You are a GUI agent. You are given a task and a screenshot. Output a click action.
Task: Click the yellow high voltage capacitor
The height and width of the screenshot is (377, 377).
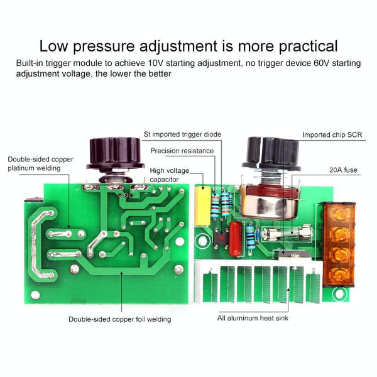pos(202,206)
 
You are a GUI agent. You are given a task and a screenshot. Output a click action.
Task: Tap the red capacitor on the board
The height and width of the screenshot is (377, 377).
pos(235,239)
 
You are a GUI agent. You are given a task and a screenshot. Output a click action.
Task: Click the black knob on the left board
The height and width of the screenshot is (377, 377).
pos(115,154)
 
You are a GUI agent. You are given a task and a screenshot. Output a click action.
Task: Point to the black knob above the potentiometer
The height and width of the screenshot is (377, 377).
pos(271,154)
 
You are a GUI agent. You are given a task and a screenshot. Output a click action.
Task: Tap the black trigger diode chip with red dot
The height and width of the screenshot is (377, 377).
pos(221,239)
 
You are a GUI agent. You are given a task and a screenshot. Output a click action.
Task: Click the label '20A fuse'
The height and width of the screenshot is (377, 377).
pos(343,170)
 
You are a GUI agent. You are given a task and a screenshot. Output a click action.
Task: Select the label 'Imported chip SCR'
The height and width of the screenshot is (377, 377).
pos(332,134)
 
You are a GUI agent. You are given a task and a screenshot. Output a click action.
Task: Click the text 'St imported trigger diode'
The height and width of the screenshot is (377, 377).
pos(182,134)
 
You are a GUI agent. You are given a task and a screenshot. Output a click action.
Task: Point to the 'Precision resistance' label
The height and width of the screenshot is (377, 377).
pos(182,151)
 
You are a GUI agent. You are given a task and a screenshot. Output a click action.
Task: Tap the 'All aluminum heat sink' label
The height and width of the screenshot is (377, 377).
pos(253,318)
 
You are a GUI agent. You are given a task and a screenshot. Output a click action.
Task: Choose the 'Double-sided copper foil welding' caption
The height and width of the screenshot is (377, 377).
pos(120,319)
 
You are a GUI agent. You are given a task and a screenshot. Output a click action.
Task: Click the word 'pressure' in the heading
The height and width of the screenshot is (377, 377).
pos(104,46)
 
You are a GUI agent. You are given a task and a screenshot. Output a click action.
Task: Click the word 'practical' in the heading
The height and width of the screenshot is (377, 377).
pos(309,46)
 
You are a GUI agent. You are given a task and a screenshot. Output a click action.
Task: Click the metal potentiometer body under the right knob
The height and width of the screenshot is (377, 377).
pos(270,204)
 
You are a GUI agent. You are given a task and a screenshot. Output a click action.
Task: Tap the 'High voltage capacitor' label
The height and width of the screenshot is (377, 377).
pos(169,175)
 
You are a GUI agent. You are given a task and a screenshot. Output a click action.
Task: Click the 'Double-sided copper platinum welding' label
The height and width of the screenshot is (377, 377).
pos(40,163)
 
